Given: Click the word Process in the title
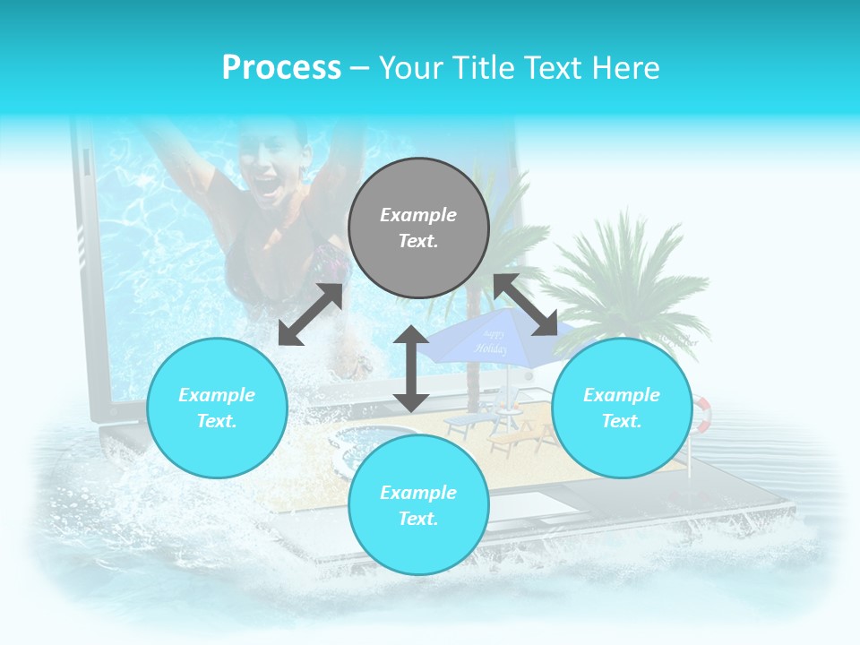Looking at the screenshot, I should pyautogui.click(x=281, y=68).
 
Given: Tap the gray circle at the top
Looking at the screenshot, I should pyautogui.click(x=418, y=228).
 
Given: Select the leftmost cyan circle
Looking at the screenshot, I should pyautogui.click(x=217, y=408).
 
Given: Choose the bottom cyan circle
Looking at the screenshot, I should pyautogui.click(x=418, y=505).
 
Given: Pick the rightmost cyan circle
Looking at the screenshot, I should pyautogui.click(x=622, y=408).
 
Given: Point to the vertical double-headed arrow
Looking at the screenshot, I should pyautogui.click(x=411, y=368).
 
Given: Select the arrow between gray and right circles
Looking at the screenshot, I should pyautogui.click(x=525, y=305).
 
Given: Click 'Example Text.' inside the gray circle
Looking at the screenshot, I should pyautogui.click(x=418, y=228).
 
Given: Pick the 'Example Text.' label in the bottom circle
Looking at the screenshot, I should pyautogui.click(x=418, y=505).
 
